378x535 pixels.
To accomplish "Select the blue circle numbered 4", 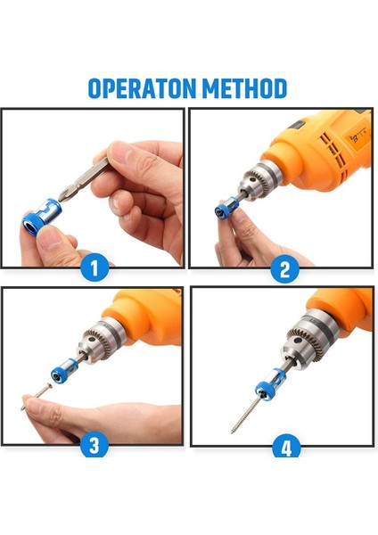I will tap(284, 446).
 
